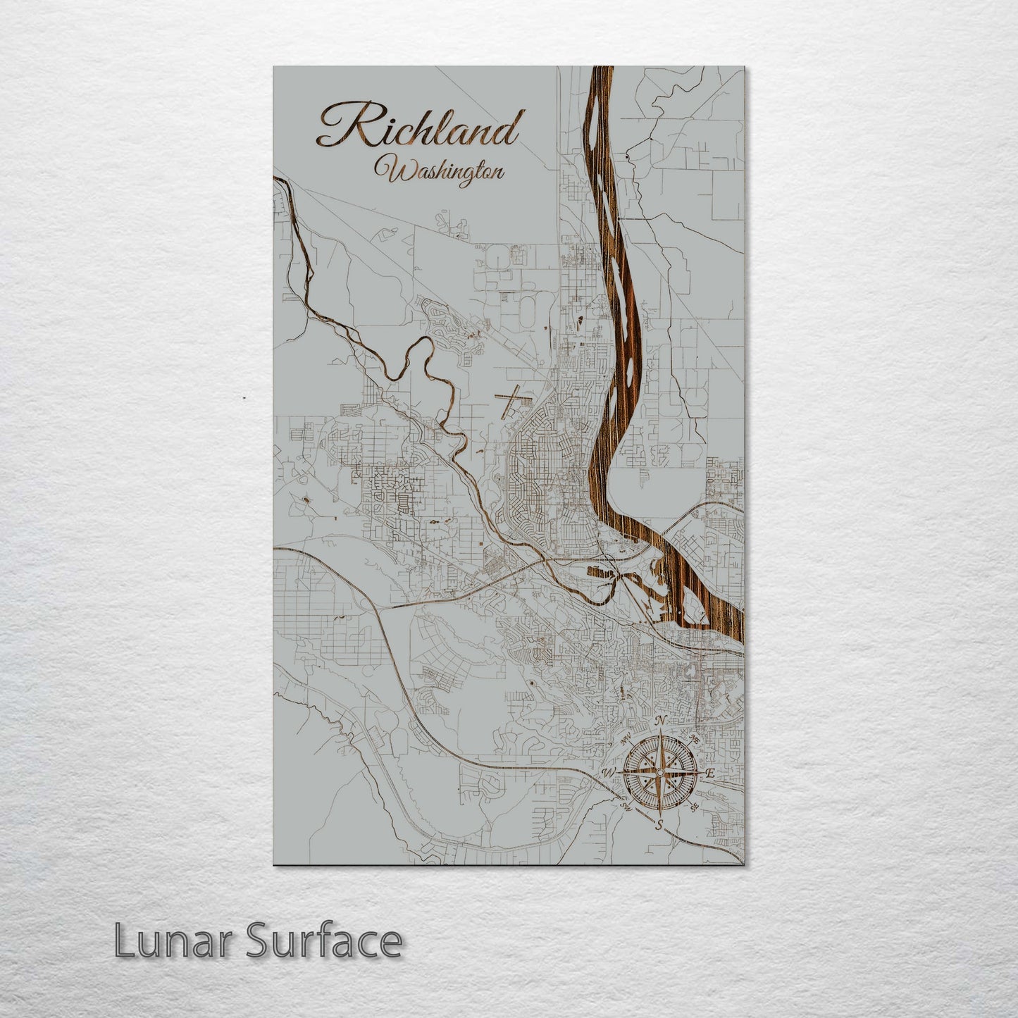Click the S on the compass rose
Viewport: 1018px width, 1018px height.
pyautogui.click(x=659, y=824)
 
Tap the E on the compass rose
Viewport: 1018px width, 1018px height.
pyautogui.click(x=710, y=774)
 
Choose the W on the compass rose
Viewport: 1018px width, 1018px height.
pyautogui.click(x=608, y=774)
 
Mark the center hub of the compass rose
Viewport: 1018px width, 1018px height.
pyautogui.click(x=659, y=773)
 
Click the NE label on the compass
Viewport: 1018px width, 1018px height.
pyautogui.click(x=694, y=740)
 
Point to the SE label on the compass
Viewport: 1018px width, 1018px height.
pyautogui.click(x=695, y=807)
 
